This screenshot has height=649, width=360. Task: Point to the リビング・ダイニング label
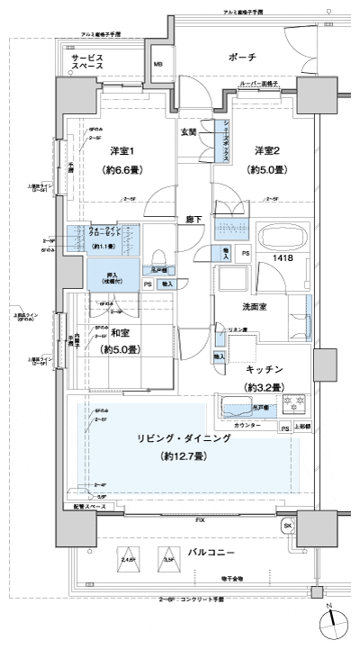coord(182,437)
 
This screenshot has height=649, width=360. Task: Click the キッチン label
coord(264,369)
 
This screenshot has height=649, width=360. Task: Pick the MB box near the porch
coord(157,64)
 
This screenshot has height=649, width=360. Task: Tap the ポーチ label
coord(243,58)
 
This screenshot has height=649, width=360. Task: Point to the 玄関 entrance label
coord(188,134)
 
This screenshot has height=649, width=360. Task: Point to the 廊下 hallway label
coord(192,219)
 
